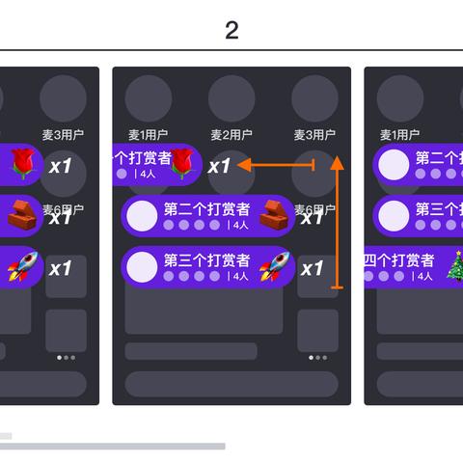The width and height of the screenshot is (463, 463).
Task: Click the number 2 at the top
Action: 231,30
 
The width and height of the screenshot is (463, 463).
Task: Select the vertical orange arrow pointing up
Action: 337,222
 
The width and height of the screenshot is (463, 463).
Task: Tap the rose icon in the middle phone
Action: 182,165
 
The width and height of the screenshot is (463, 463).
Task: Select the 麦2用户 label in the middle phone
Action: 231,134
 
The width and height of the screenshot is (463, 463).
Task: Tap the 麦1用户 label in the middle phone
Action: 149,134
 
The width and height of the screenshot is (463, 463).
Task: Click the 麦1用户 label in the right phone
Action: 399,134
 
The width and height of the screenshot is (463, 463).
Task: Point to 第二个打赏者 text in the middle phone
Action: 206,208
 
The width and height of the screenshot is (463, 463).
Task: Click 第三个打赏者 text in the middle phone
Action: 206,259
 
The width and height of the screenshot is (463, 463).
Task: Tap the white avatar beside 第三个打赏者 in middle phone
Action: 143,265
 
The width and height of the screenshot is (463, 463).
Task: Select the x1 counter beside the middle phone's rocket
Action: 312,268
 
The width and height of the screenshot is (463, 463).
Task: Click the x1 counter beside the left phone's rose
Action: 61,166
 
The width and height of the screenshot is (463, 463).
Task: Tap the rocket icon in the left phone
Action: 21,264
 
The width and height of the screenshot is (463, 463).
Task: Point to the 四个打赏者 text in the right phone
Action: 398,259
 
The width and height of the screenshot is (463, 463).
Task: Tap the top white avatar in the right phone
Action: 393,165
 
